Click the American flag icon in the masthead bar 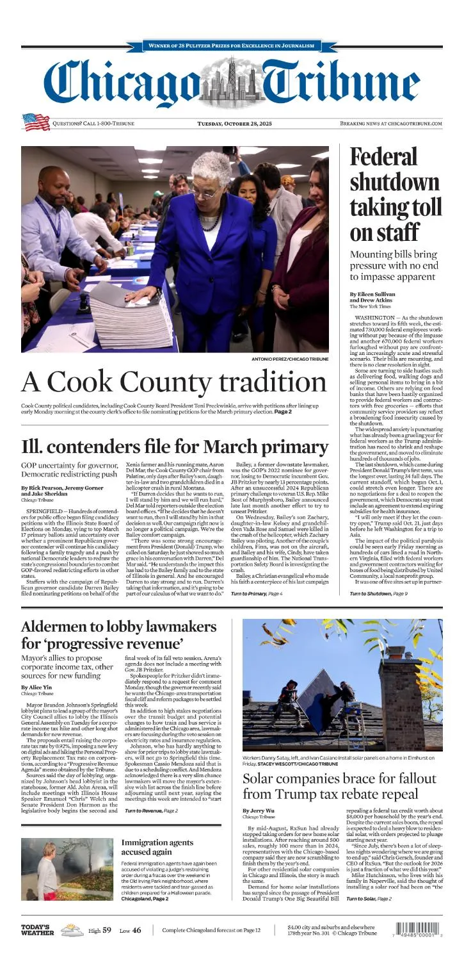pyautogui.click(x=36, y=122)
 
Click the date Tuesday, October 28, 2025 pyautogui.click(x=234, y=123)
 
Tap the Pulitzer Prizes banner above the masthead pyautogui.click(x=232, y=45)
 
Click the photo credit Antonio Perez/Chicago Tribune pyautogui.click(x=290, y=359)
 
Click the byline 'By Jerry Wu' pyautogui.click(x=261, y=810)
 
